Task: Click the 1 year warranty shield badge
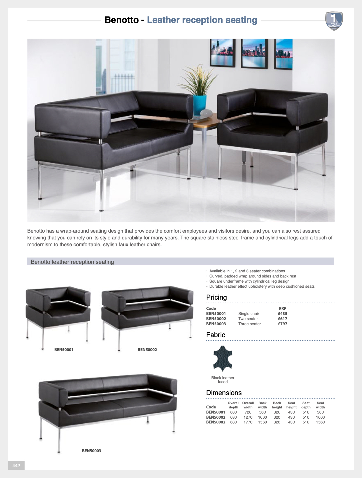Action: [334, 21]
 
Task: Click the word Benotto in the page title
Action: [122, 20]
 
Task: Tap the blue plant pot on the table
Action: [200, 105]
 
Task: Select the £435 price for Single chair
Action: [283, 314]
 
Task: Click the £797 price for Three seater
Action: [283, 324]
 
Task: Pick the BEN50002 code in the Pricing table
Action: [216, 319]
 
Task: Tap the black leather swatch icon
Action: [223, 359]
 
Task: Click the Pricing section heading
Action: [216, 297]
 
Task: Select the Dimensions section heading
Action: [224, 393]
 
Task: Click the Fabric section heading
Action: [215, 335]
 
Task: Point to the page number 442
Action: [16, 466]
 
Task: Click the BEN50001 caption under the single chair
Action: [64, 350]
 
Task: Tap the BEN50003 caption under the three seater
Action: [91, 451]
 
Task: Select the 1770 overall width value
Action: [248, 422]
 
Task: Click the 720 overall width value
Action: [248, 412]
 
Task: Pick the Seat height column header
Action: [291, 405]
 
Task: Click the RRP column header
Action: [283, 308]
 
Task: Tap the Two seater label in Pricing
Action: [248, 319]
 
